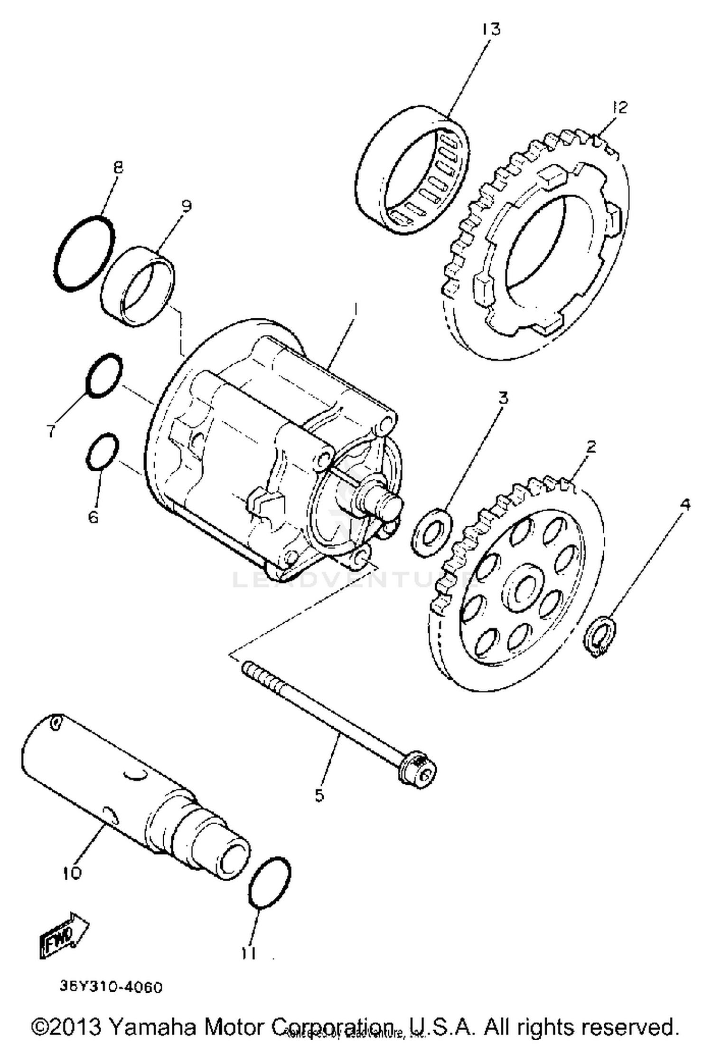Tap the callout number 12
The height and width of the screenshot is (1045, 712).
[x=620, y=107]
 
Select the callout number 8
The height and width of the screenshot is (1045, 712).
[x=118, y=167]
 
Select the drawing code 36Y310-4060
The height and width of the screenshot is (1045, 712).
[x=111, y=987]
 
